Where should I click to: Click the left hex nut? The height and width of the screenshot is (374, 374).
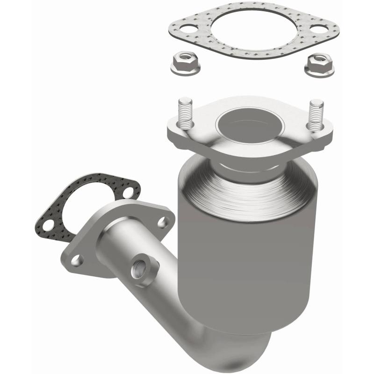185,64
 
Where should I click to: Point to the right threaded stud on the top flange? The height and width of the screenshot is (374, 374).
316,115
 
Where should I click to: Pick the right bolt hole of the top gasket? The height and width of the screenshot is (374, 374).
318,29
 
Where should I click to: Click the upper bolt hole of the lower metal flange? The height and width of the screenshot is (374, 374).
163,222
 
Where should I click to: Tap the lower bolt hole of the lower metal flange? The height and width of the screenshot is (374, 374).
76,259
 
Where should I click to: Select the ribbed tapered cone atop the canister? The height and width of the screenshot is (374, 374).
248,192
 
